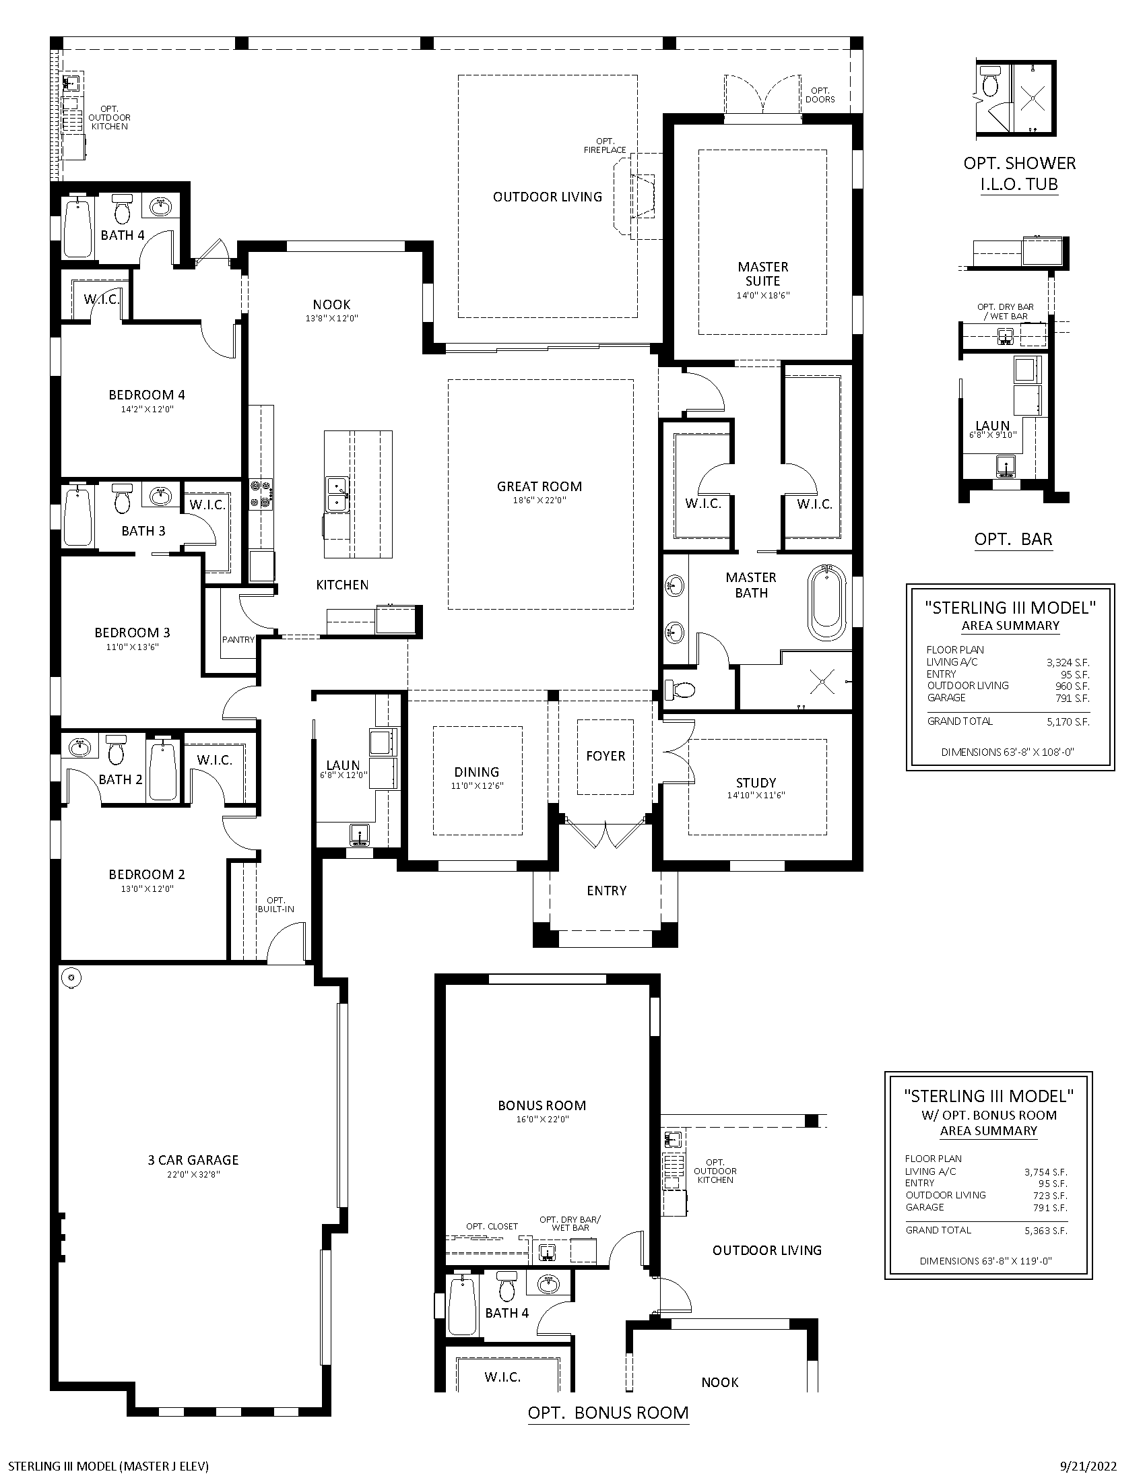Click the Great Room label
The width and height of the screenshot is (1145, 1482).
pos(539,486)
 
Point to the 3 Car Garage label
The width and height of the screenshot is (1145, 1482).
pos(193,1160)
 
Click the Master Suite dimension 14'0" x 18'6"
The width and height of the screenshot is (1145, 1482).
pos(763,295)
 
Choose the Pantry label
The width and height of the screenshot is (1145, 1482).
pos(238,639)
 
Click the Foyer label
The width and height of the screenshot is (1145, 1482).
pos(606,756)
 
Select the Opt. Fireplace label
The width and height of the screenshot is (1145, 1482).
pos(605,146)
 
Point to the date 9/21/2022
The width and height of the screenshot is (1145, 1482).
pos(1088,1467)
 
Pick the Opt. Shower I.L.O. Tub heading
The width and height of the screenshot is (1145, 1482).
pos(1020,173)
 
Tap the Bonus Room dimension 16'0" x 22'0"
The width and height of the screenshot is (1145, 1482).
pos(542,1119)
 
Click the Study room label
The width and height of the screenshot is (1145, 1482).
pos(756,782)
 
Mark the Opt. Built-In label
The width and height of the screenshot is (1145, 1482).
pos(275,905)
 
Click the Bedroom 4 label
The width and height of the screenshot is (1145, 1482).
pos(147,395)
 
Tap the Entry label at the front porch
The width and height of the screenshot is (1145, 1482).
pos(606,891)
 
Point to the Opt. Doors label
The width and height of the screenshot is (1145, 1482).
pos(820,95)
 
